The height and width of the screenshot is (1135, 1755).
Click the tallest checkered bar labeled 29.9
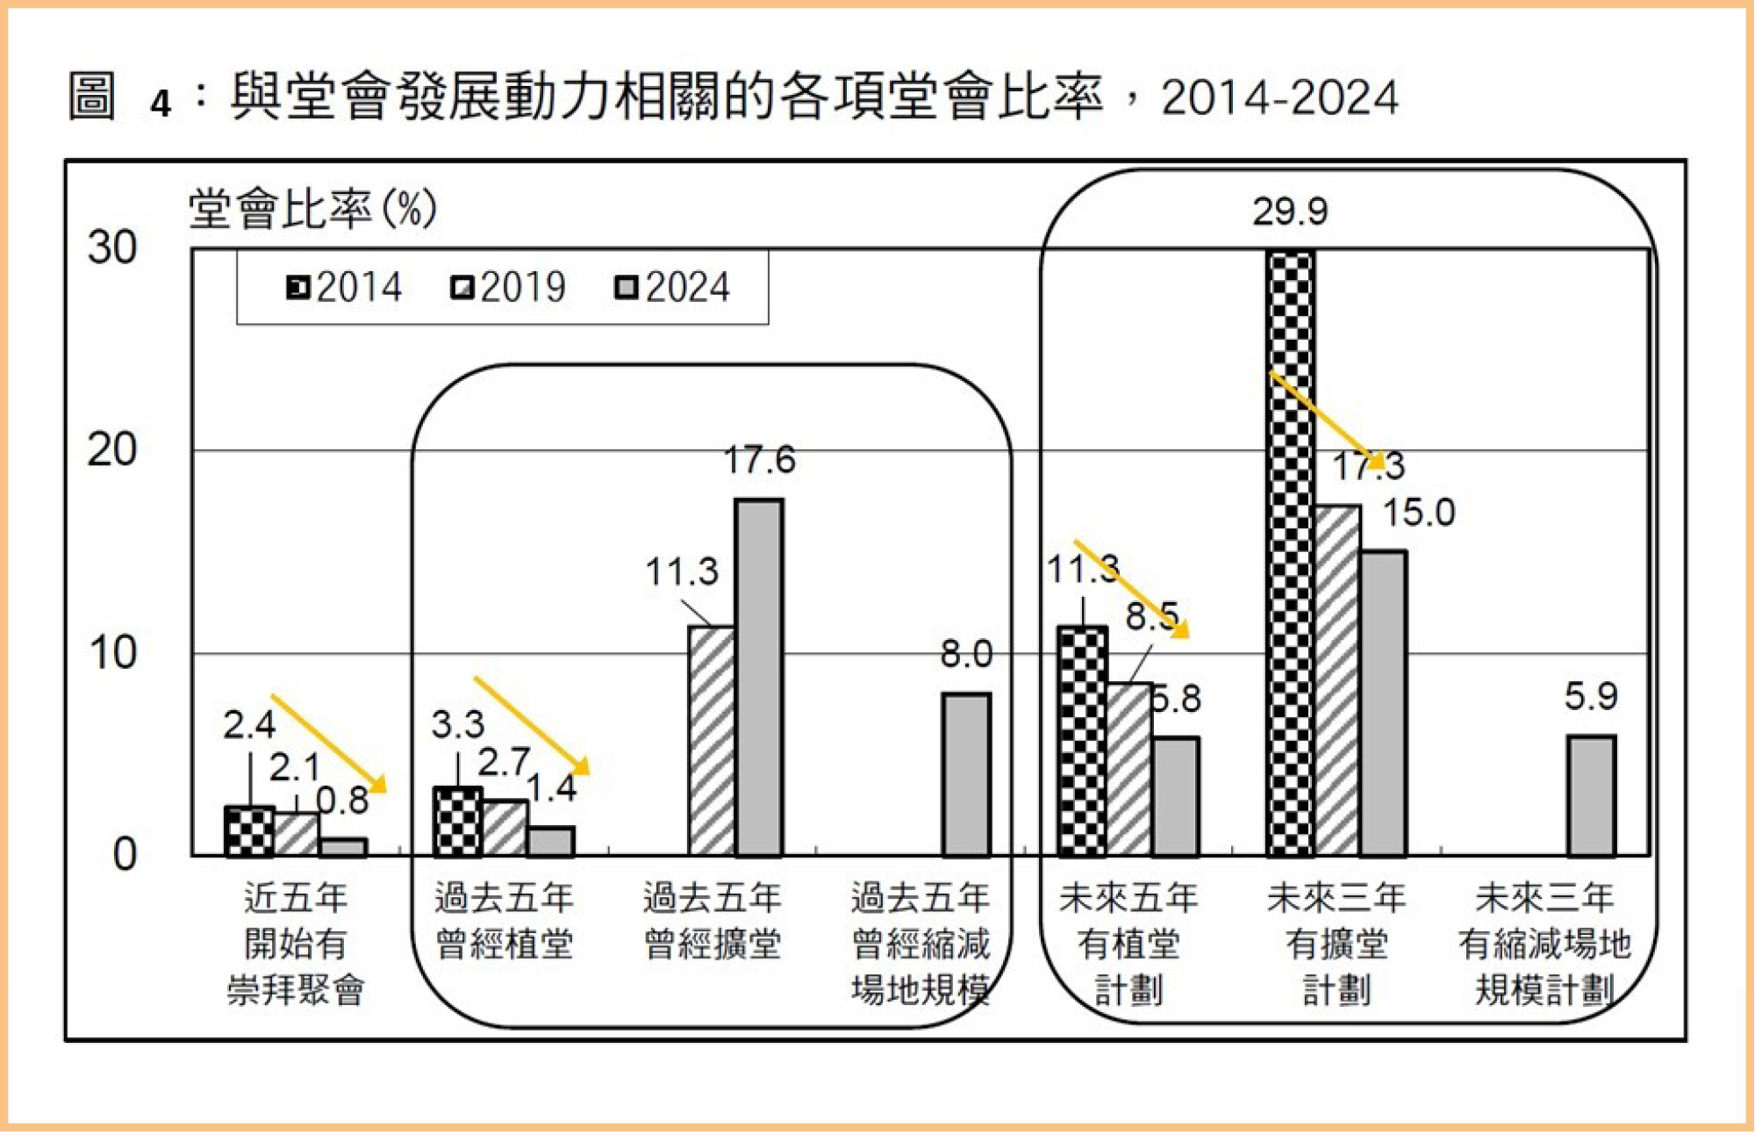(1291, 553)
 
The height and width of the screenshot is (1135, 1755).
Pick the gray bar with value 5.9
(1591, 795)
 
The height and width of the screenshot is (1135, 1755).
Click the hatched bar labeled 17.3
(1337, 680)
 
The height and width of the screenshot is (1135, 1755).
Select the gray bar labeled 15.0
(1384, 703)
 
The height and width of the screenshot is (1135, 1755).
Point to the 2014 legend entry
(344, 288)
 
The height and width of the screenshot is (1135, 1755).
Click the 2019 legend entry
(508, 288)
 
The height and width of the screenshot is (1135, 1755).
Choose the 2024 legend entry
(672, 288)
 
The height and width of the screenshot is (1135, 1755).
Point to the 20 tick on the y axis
(111, 450)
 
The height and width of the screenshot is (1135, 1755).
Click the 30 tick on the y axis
(111, 248)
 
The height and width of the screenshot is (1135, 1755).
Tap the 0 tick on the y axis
(125, 855)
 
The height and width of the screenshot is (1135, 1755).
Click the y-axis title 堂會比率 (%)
(312, 209)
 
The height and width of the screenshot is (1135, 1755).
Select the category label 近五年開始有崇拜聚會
(296, 945)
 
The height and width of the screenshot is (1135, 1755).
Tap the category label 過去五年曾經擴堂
(712, 922)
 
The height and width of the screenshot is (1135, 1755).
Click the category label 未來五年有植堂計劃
(1128, 945)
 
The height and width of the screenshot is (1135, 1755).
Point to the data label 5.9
(1590, 696)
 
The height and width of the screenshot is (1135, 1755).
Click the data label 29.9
(1290, 212)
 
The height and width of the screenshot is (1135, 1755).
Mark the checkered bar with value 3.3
(457, 822)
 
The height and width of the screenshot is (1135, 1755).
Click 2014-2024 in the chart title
(1279, 97)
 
